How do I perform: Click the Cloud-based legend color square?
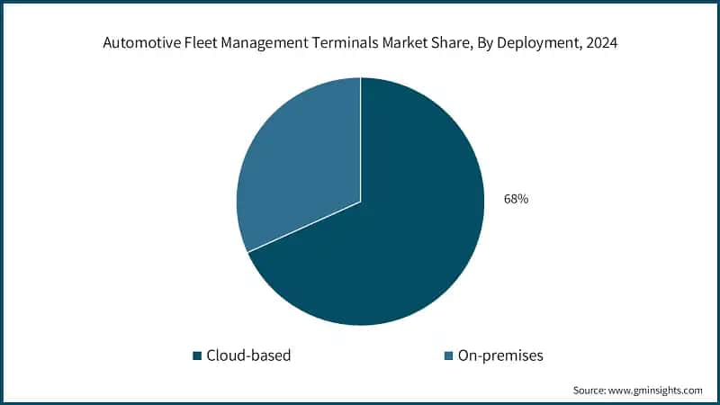click(196, 356)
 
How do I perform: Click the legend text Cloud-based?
click(248, 355)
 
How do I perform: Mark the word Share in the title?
click(451, 41)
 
